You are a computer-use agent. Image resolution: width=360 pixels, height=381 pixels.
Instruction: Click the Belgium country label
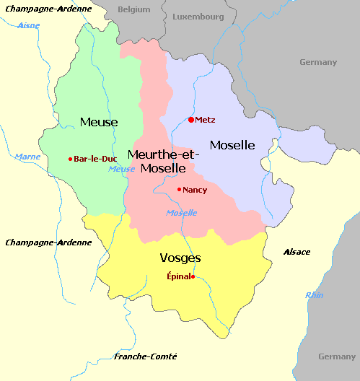pos(134,9)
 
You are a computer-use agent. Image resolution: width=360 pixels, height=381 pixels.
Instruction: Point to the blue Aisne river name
pos(28,25)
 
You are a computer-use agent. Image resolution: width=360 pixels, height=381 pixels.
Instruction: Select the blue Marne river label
pos(27,156)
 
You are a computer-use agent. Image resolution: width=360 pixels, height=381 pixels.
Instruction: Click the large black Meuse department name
pos(99,122)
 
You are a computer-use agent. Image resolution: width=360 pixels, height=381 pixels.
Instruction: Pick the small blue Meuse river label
pos(121,169)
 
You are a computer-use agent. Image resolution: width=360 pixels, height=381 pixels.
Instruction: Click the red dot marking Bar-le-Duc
pos(70,159)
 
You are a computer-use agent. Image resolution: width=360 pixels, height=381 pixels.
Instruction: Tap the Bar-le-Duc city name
pos(95,159)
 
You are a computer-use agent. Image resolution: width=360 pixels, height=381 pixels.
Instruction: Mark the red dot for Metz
pos(190,120)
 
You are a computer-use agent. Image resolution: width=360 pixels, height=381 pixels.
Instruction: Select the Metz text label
pos(206,120)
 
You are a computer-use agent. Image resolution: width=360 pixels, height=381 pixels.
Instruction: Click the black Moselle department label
pos(232,145)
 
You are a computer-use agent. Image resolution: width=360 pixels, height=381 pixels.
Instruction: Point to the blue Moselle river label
pos(181,213)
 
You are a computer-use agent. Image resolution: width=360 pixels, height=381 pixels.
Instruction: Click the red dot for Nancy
pos(179,190)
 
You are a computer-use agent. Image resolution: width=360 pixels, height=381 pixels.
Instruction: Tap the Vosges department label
pos(180,258)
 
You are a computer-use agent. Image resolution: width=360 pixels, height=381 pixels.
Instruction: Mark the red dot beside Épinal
pos(193,276)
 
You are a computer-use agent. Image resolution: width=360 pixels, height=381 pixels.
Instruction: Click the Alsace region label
pos(297,252)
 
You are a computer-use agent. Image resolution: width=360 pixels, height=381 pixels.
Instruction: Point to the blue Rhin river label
pos(315,294)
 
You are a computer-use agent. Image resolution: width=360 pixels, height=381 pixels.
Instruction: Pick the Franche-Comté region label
pos(146,357)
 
